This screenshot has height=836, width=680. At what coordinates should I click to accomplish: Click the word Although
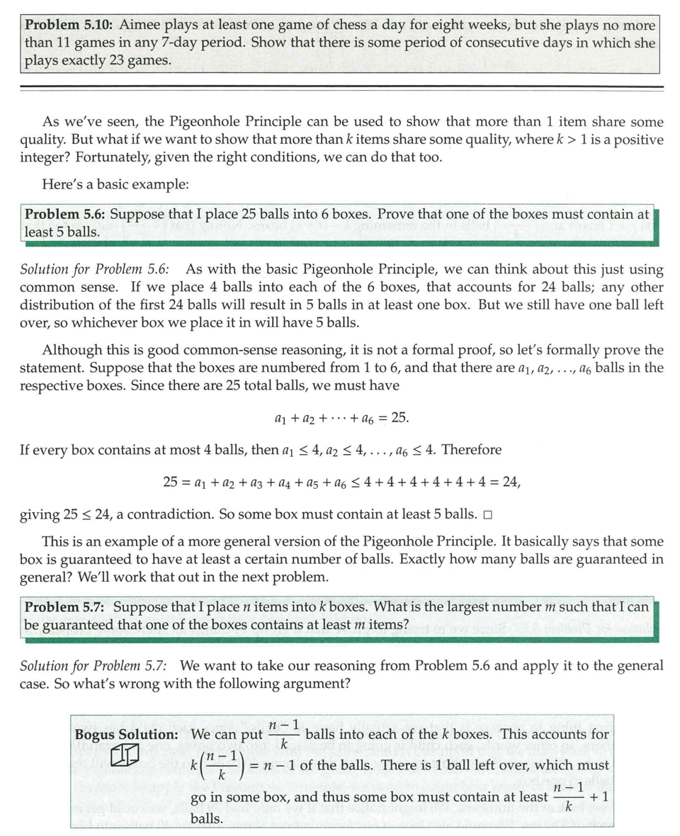pyautogui.click(x=71, y=350)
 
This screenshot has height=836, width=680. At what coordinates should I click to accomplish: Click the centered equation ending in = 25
pyautogui.click(x=341, y=418)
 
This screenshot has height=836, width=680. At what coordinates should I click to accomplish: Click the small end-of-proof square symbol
pyautogui.click(x=487, y=514)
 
